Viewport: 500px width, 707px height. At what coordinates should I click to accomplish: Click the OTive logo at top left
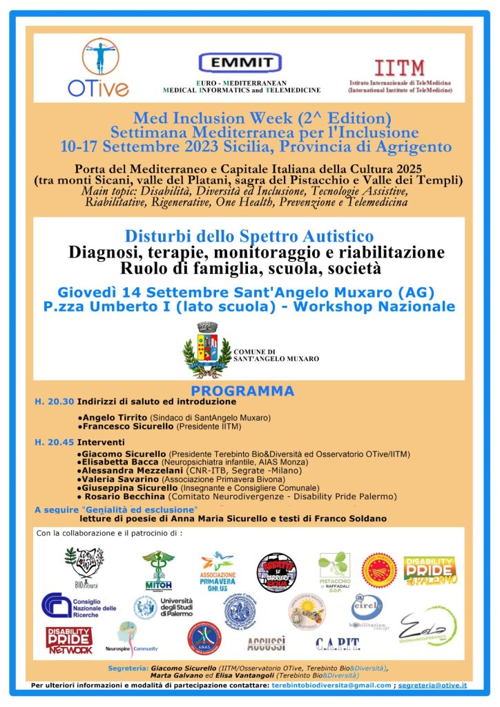tap(97, 68)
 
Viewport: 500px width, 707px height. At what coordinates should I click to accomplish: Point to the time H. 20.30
tap(54, 401)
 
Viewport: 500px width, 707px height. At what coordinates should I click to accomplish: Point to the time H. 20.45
tap(54, 442)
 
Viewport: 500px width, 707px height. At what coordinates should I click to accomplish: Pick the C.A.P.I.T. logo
tap(338, 644)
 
